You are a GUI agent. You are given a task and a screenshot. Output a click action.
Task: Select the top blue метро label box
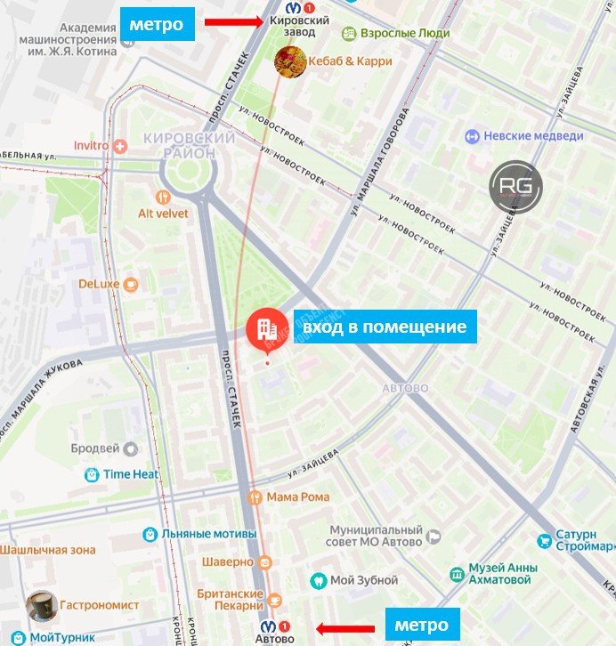coord(157,25)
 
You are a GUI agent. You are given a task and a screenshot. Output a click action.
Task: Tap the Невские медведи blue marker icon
coord(472,136)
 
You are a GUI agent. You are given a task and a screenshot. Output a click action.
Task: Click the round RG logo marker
coord(515,187)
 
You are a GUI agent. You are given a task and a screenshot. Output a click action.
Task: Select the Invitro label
coord(91,145)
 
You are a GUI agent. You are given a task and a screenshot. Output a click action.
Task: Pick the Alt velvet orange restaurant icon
coord(161,198)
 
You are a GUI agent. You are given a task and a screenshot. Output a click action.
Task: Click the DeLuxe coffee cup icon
coord(131,284)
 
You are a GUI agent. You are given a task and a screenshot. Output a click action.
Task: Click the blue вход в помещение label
coord(385,327)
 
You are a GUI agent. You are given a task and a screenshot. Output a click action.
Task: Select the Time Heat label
coord(131,474)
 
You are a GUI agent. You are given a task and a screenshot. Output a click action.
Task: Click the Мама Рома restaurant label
coord(298,497)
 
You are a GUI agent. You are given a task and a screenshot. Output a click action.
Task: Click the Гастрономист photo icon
coord(41,606)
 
